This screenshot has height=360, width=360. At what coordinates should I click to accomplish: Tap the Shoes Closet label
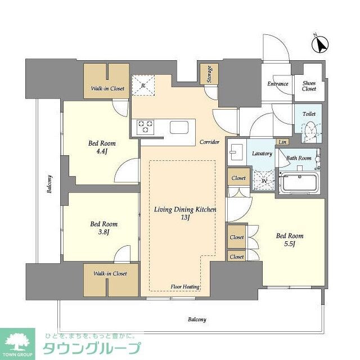(309, 85)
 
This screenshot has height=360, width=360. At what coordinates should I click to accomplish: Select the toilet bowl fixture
(309, 132)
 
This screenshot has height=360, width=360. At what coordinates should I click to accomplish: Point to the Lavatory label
(262, 154)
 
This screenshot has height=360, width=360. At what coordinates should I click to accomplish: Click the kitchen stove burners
(146, 127)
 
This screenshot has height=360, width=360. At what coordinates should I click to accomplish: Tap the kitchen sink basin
(181, 127)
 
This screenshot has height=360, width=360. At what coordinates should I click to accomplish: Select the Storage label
(209, 75)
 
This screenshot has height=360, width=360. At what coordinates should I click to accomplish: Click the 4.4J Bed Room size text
(101, 152)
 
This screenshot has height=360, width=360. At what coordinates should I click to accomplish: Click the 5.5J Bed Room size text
(289, 244)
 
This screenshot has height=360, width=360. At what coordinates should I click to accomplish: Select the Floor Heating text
(185, 287)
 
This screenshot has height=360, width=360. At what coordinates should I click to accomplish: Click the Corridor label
(209, 142)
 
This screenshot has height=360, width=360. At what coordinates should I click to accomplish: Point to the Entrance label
(278, 84)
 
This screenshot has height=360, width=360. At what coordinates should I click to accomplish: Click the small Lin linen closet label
(282, 142)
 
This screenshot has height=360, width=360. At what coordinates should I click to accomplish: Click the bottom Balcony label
(196, 319)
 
